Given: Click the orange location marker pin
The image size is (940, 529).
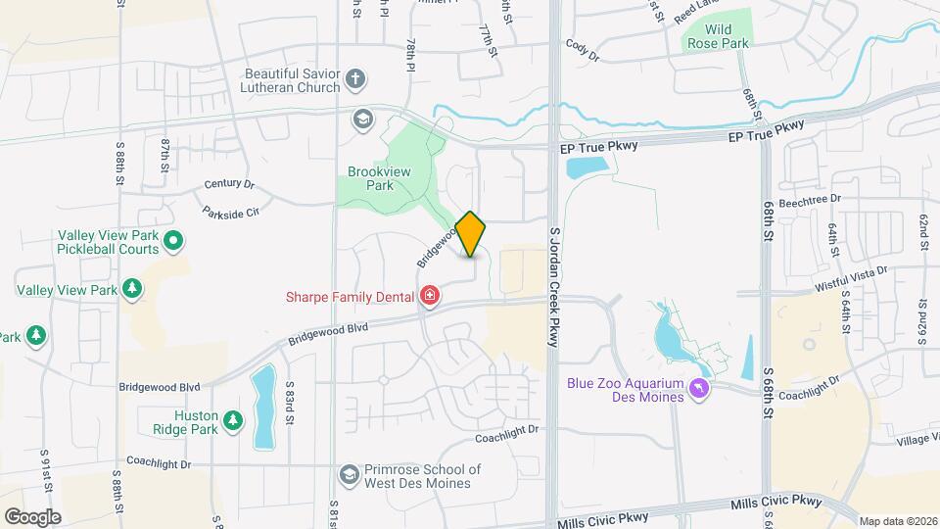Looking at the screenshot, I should point(471,234).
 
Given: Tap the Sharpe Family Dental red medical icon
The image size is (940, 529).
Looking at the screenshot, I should point(429,296).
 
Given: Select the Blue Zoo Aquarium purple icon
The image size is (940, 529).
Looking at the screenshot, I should point(700,390).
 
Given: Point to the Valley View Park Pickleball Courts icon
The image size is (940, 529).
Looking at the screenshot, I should point(173,240).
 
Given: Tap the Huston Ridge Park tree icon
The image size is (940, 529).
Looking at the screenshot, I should point(232,421).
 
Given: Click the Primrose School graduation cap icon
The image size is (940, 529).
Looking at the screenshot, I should point(348,474).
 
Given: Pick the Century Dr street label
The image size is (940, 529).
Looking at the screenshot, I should point(229,184).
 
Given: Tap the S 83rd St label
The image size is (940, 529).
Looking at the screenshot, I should point(290,403).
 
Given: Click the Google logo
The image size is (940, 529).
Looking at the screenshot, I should point(32,516).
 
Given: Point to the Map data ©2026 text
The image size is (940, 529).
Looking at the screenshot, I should point(897,520).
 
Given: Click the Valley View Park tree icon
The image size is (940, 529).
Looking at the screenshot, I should point(131,290).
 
